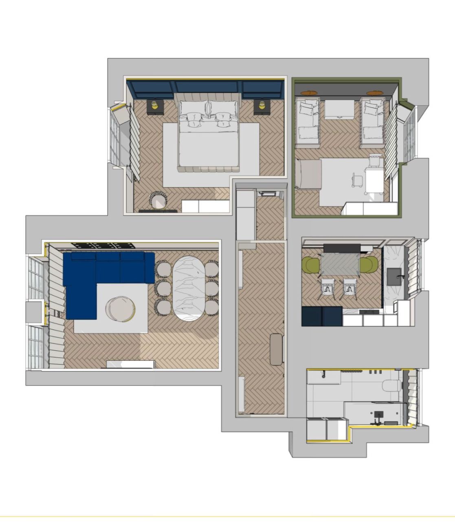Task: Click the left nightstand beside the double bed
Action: tap(155, 107)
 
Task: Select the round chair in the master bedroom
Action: tap(158, 200)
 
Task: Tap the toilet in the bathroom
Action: tap(392, 385)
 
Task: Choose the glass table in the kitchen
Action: tap(340, 264)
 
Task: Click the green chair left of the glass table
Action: tap(311, 265)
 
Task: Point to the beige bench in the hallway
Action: tap(277, 349)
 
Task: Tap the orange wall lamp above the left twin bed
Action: tap(309, 93)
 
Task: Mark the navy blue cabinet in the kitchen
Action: tap(322, 316)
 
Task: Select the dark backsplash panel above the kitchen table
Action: tap(342, 248)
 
